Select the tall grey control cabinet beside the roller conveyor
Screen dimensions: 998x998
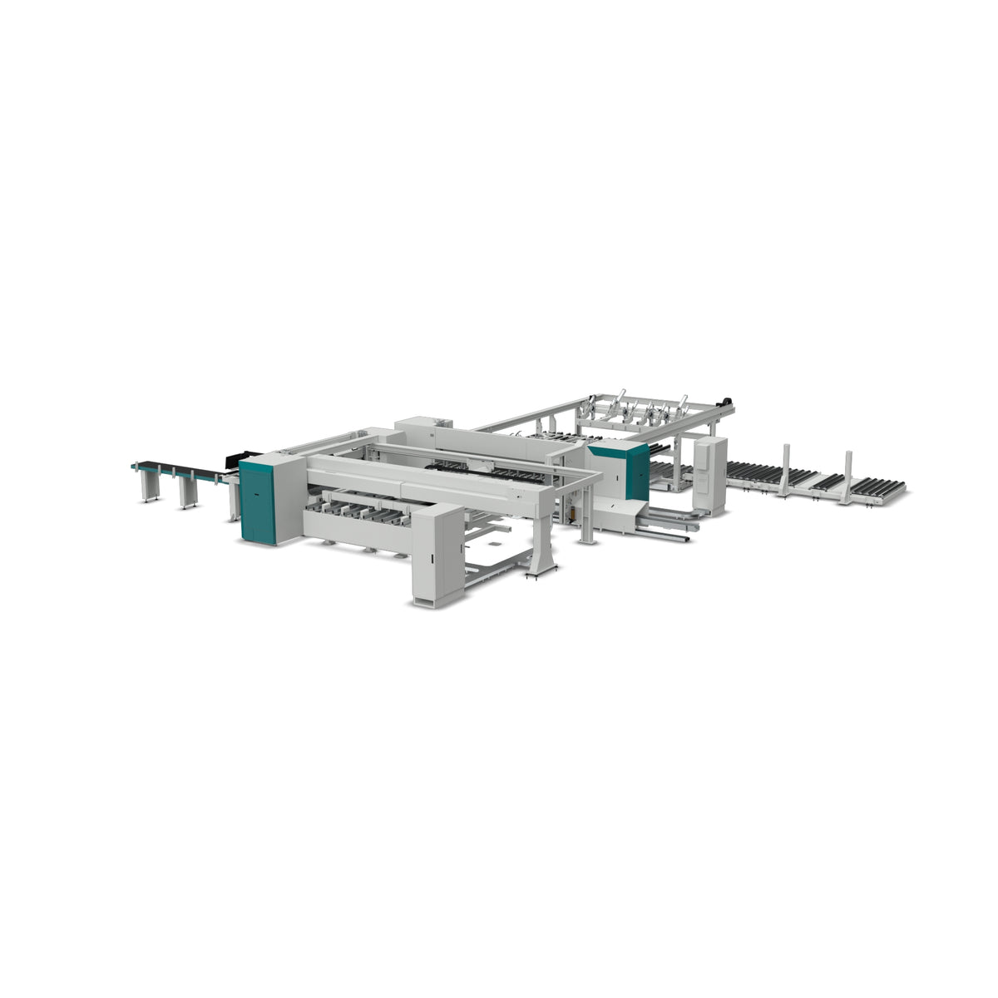pyautogui.click(x=709, y=474)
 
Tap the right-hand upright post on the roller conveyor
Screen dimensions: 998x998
pyautogui.click(x=847, y=478)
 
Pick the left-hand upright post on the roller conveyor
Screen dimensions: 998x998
pyautogui.click(x=784, y=470)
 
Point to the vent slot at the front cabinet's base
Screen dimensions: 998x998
pyautogui.click(x=426, y=600)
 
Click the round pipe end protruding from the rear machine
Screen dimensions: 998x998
pyautogui.click(x=686, y=541)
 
